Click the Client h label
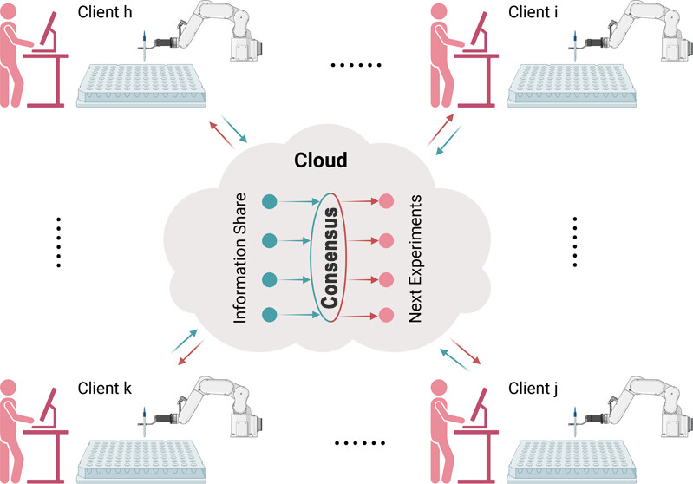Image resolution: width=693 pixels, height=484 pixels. tap(104, 15)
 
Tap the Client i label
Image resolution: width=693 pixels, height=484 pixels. tap(531, 15)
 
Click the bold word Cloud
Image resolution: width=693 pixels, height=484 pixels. tap(321, 160)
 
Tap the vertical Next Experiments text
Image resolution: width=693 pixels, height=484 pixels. tap(415, 259)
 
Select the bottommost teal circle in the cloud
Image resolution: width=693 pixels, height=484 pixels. tap(269, 313)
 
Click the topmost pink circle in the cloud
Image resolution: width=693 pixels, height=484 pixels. tap(386, 200)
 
